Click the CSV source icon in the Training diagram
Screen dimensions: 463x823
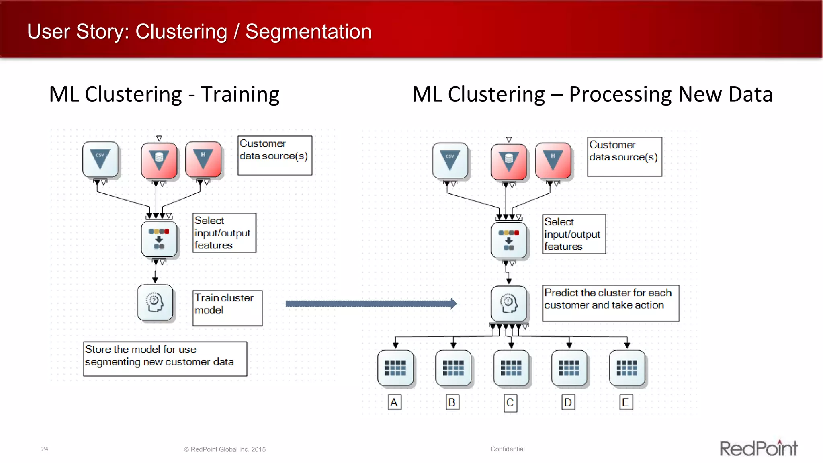[100, 159]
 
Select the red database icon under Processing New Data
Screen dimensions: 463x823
[509, 162]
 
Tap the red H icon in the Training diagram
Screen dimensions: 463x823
[203, 159]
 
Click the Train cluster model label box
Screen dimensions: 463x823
[227, 308]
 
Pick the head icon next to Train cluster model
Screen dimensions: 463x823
[155, 303]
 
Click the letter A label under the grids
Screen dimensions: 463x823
[394, 402]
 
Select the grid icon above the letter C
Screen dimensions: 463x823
[511, 368]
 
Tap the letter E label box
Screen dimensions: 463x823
[626, 402]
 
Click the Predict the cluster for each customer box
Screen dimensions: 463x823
[610, 303]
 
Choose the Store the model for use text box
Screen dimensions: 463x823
[165, 359]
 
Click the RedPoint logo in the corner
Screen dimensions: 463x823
[758, 448]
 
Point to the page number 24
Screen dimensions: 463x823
[45, 449]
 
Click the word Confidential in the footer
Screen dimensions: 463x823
[508, 449]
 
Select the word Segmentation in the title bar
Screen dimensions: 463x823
[308, 31]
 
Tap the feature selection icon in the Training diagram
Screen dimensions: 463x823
[159, 239]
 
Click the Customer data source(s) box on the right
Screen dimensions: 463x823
[624, 157]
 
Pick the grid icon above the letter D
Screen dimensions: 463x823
[569, 368]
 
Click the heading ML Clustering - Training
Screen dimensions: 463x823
[164, 95]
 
